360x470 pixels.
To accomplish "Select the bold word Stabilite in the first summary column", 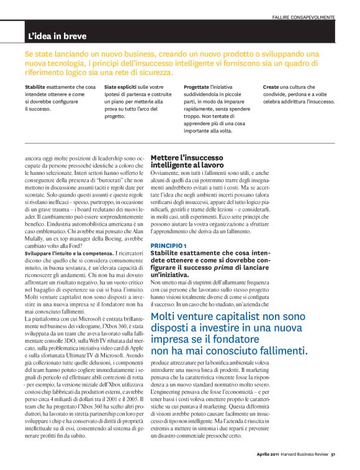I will (37, 87).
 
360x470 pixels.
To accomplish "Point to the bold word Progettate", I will (197, 87).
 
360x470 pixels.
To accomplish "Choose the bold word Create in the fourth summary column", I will (271, 87).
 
